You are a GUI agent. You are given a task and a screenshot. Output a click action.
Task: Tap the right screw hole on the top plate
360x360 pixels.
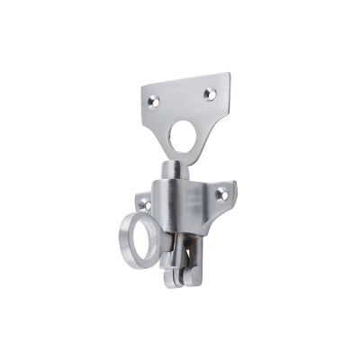(210, 94)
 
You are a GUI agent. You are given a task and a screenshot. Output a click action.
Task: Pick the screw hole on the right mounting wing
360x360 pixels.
(220, 194)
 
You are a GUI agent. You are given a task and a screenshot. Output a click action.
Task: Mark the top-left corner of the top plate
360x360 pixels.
(141, 88)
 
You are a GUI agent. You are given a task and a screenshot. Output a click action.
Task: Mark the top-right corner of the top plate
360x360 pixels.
(229, 74)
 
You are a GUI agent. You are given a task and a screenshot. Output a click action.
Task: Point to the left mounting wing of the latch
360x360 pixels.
(143, 203)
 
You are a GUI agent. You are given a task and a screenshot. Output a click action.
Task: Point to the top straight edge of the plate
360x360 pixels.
(184, 81)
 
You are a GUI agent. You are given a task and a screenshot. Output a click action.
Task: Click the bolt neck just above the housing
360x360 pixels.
(174, 175)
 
